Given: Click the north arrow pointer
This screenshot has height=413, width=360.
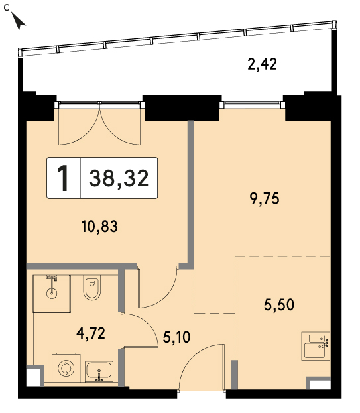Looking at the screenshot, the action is click(x=19, y=21).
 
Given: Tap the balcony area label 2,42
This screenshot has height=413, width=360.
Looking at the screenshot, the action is click(x=263, y=64).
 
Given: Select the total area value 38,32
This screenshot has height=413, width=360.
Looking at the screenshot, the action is click(x=119, y=178).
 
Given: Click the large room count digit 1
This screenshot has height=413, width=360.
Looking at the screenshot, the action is click(x=63, y=178).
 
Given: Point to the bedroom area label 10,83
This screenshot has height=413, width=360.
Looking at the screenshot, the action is click(x=99, y=227).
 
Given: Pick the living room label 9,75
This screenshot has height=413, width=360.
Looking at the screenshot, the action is click(x=265, y=198).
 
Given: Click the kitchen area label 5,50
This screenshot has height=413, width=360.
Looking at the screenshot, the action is click(x=279, y=305).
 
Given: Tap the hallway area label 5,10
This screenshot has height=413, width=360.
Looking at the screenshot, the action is click(x=176, y=337).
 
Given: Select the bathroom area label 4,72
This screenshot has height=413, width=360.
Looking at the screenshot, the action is click(x=91, y=333).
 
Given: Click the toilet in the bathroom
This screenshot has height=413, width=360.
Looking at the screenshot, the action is click(x=91, y=288).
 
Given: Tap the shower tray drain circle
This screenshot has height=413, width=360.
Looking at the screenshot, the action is click(x=51, y=293).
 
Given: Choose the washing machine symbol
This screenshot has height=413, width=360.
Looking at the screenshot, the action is click(x=66, y=368).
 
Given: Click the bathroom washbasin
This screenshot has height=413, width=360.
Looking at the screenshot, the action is click(x=99, y=371).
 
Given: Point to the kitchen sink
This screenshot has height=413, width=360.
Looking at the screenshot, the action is click(x=316, y=346).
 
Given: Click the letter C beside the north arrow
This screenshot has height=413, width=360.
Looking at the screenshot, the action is click(x=7, y=8).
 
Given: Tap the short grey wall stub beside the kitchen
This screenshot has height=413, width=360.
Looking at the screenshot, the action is click(x=235, y=375).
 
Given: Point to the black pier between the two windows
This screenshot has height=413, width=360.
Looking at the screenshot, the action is click(x=182, y=108).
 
